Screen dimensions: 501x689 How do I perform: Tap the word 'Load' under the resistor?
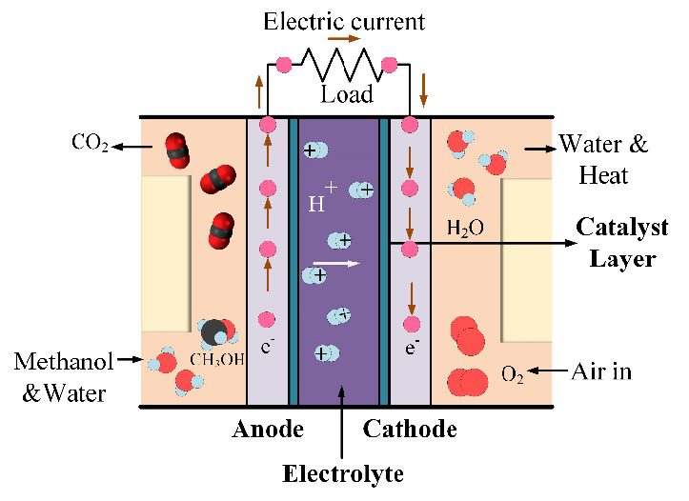coord(346,94)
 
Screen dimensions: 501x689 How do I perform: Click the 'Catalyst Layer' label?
coord(617,243)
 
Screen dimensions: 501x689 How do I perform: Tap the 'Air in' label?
coord(602,370)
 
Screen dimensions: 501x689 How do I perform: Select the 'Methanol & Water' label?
coord(63,375)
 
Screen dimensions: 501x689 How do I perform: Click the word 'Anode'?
coord(267,430)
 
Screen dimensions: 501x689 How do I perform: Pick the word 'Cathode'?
coord(410,430)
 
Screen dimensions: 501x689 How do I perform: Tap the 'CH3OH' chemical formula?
coord(216,359)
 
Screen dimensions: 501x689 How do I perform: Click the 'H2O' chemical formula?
coord(465,229)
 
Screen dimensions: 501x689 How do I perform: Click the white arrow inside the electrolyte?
coord(339,263)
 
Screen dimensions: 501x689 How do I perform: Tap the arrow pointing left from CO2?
coord(131,146)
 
